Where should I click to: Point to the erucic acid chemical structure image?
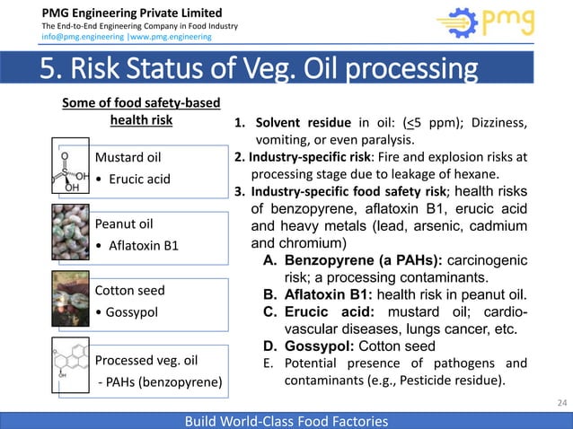pyautogui.click(x=66, y=171)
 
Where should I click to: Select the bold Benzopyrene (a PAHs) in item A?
pyautogui.click(x=363, y=261)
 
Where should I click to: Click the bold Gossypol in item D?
pyautogui.click(x=323, y=346)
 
